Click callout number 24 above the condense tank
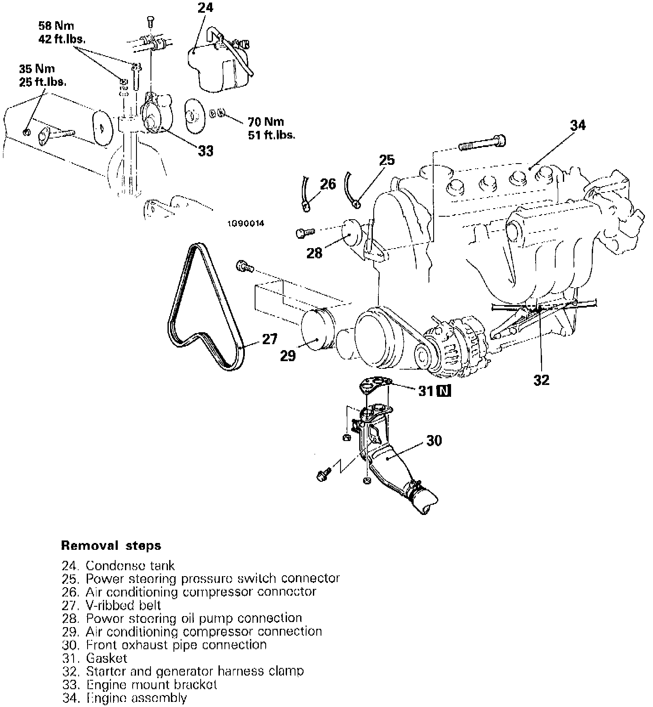click(x=205, y=8)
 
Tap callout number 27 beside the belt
click(x=270, y=339)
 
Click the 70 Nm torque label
click(x=266, y=122)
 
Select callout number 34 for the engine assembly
click(x=578, y=125)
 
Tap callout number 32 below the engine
click(x=541, y=380)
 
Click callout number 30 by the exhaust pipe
click(x=434, y=441)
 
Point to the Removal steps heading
click(x=111, y=545)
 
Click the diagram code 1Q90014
click(x=245, y=223)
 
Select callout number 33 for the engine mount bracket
click(x=206, y=151)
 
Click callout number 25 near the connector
click(x=386, y=160)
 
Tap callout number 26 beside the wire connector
click(x=328, y=184)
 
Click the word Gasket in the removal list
click(x=106, y=658)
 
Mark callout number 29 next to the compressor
click(x=288, y=356)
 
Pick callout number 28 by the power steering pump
click(x=315, y=254)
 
